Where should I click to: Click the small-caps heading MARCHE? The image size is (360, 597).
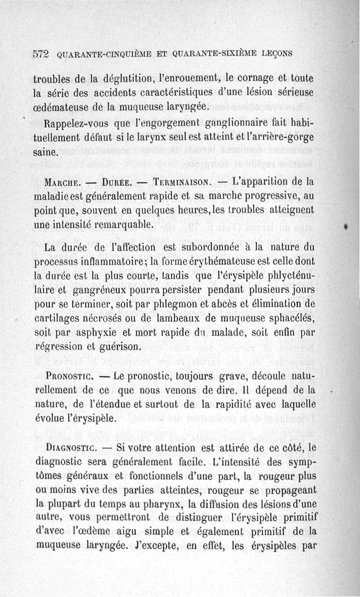[63, 183]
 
